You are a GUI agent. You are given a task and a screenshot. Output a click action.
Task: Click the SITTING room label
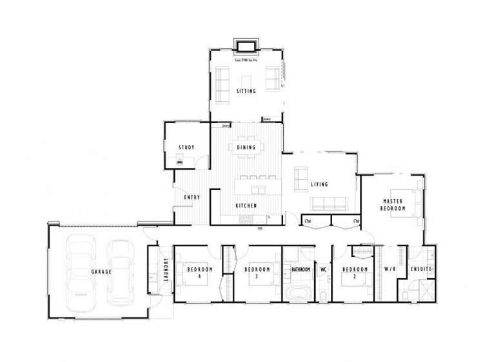pyautogui.click(x=246, y=91)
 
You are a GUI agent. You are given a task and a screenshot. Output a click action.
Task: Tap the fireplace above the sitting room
pyautogui.click(x=246, y=46)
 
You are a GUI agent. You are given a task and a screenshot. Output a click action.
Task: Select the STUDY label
pyautogui.click(x=186, y=148)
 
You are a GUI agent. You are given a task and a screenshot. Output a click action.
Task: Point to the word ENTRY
pyautogui.click(x=192, y=197)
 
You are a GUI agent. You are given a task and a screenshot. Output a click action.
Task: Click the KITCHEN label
pyautogui.click(x=246, y=205)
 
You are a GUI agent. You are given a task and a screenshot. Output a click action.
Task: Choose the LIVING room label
pyautogui.click(x=320, y=185)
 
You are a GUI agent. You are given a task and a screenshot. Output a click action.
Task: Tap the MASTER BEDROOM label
pyautogui.click(x=392, y=204)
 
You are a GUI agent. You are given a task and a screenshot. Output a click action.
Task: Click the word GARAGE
pyautogui.click(x=101, y=272)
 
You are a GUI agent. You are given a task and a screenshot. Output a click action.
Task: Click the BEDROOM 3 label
pyautogui.click(x=256, y=272)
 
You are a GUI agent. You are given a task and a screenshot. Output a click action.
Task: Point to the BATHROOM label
pyautogui.click(x=301, y=269)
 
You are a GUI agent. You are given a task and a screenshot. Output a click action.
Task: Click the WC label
pyautogui.click(x=324, y=269)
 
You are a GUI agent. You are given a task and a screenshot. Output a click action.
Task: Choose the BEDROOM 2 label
pyautogui.click(x=355, y=272)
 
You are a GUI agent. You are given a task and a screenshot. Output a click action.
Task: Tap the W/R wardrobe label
pyautogui.click(x=389, y=269)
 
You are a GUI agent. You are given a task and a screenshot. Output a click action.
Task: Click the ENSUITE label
pyautogui.click(x=421, y=269)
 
